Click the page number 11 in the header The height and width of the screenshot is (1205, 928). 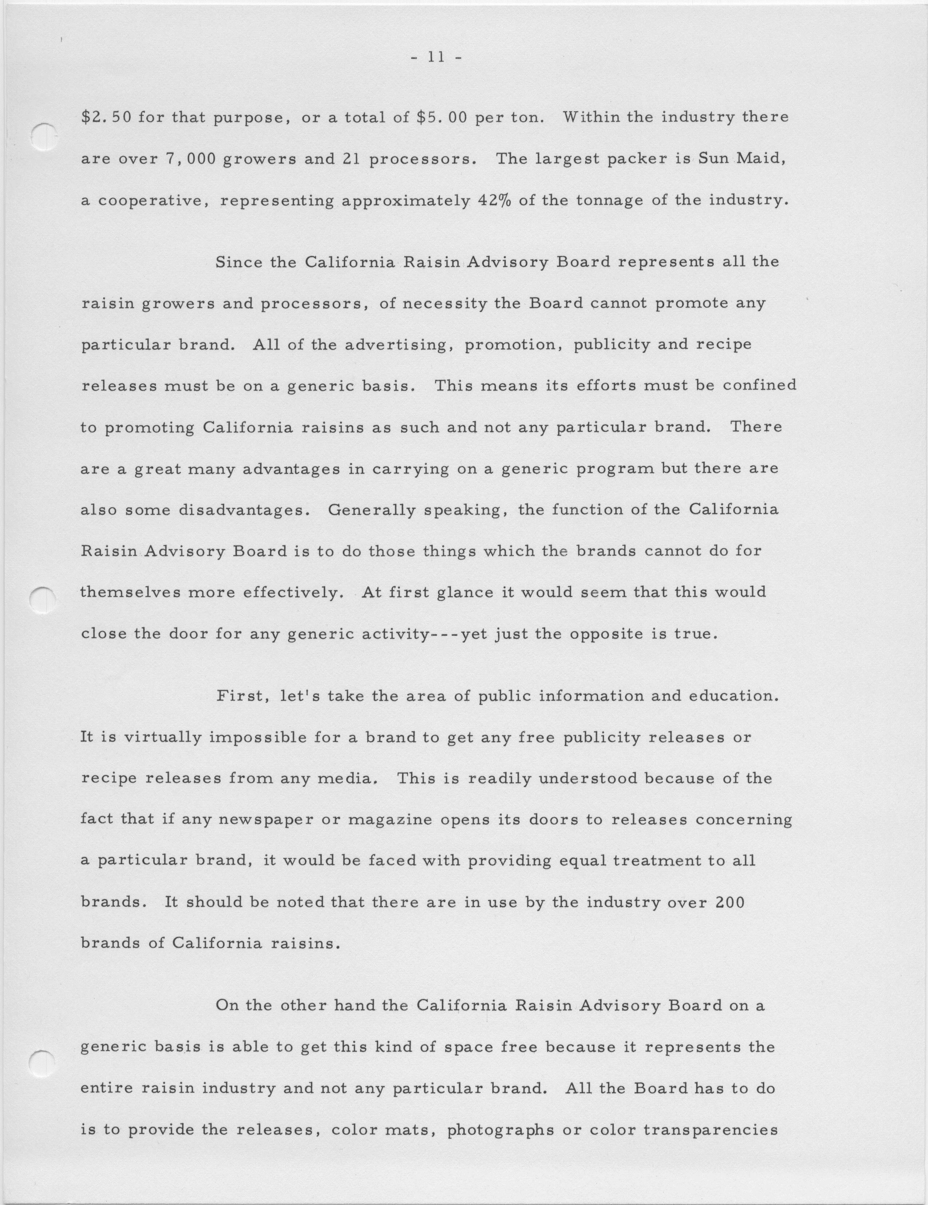[x=436, y=57]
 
